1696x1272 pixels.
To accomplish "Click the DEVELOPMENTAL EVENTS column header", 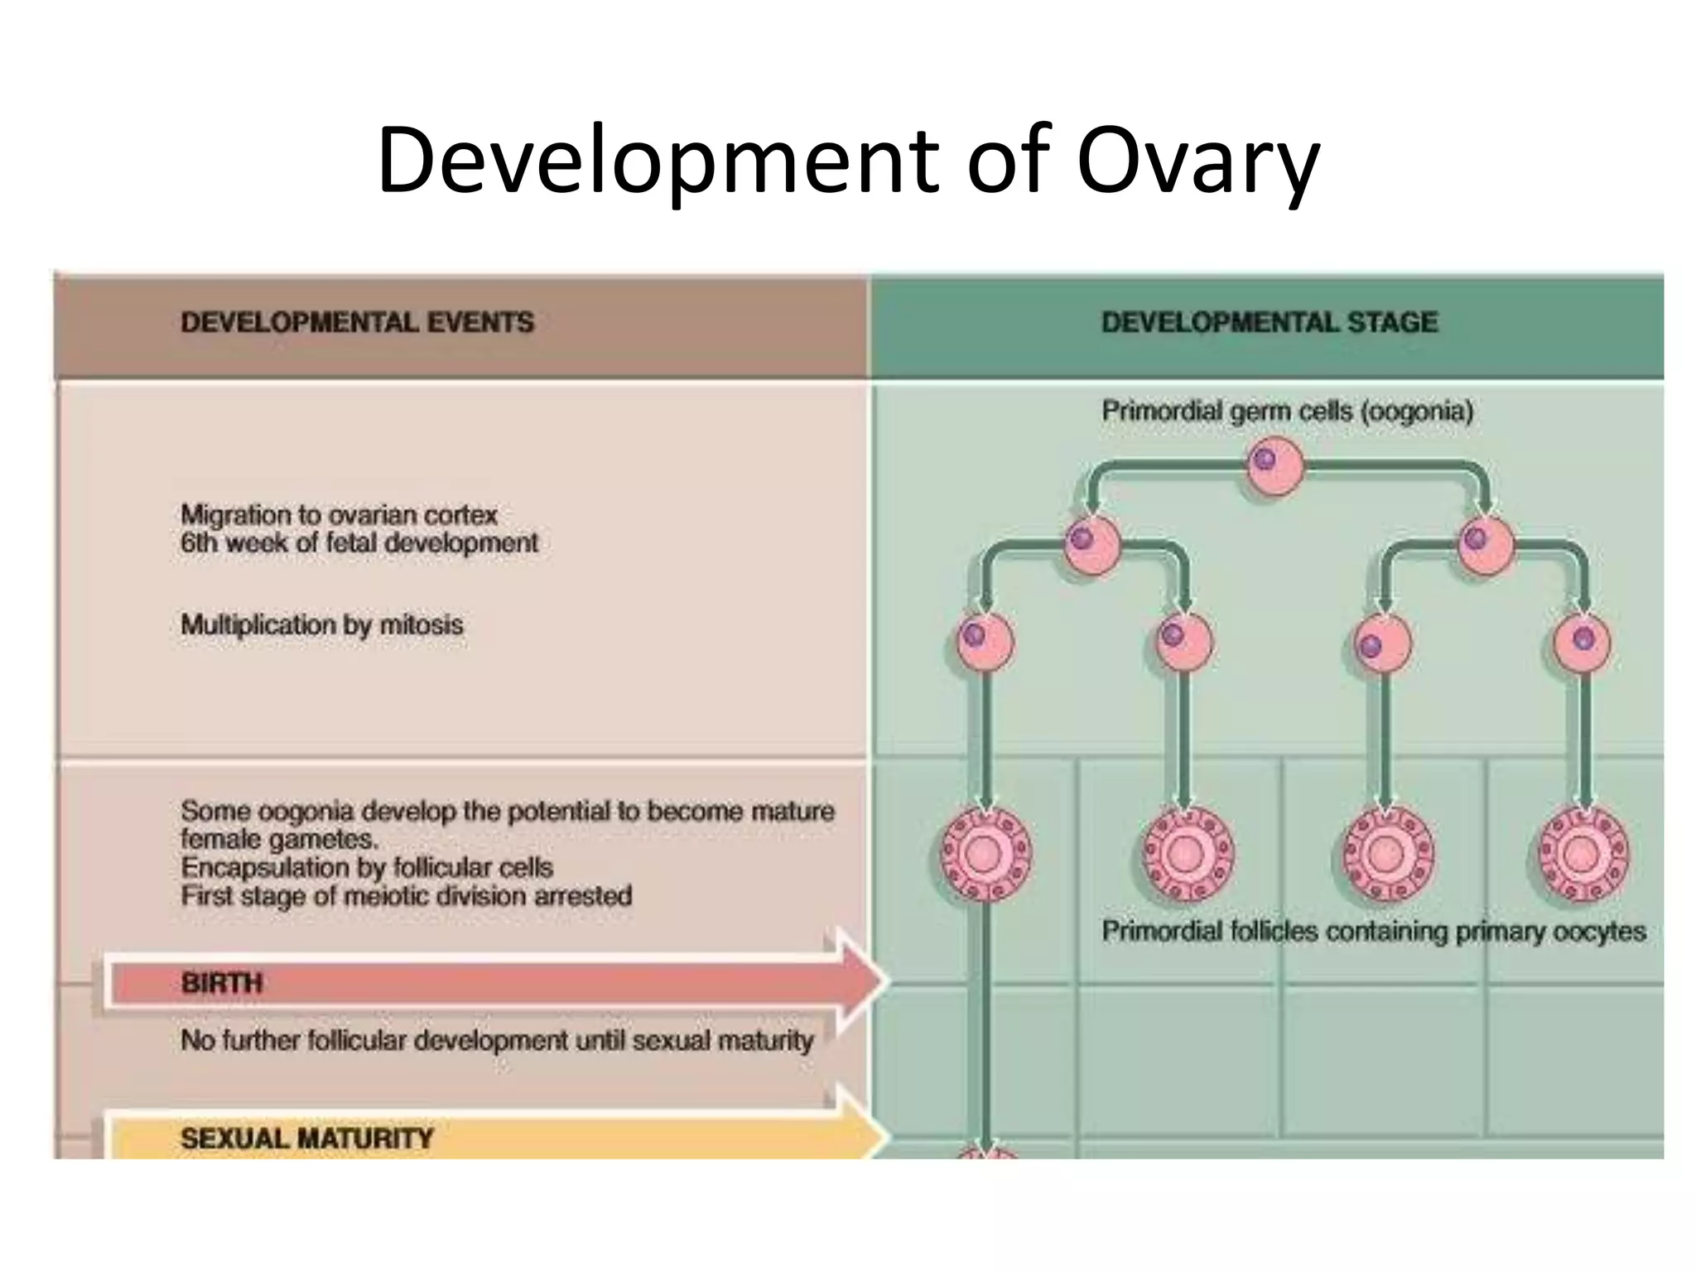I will (x=357, y=322).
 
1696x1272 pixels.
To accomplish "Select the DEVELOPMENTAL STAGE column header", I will (x=1269, y=322).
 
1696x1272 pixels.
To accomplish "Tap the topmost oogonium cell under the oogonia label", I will (x=1275, y=465).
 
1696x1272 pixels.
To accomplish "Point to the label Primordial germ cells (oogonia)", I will (x=1287, y=411).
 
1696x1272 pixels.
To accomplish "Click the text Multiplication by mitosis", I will (x=321, y=624).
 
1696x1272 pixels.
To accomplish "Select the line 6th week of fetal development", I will (x=359, y=543).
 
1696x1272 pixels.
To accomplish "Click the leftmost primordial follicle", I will (x=985, y=854).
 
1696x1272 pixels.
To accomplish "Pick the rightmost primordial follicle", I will (x=1583, y=854).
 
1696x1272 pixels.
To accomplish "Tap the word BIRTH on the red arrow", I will (x=221, y=983).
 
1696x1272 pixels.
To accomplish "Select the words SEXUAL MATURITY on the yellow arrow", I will (x=306, y=1139).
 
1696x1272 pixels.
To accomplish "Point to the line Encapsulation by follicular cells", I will (x=366, y=868).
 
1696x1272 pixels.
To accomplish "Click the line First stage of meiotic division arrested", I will (x=406, y=896).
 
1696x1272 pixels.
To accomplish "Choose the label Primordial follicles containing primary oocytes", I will (x=1373, y=932).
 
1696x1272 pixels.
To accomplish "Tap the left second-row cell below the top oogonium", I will (x=1091, y=545).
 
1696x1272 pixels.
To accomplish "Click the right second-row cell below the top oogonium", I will (x=1486, y=545).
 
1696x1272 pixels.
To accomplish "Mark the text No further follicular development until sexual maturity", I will (x=497, y=1040).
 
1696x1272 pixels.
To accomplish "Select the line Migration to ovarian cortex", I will (x=339, y=515).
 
